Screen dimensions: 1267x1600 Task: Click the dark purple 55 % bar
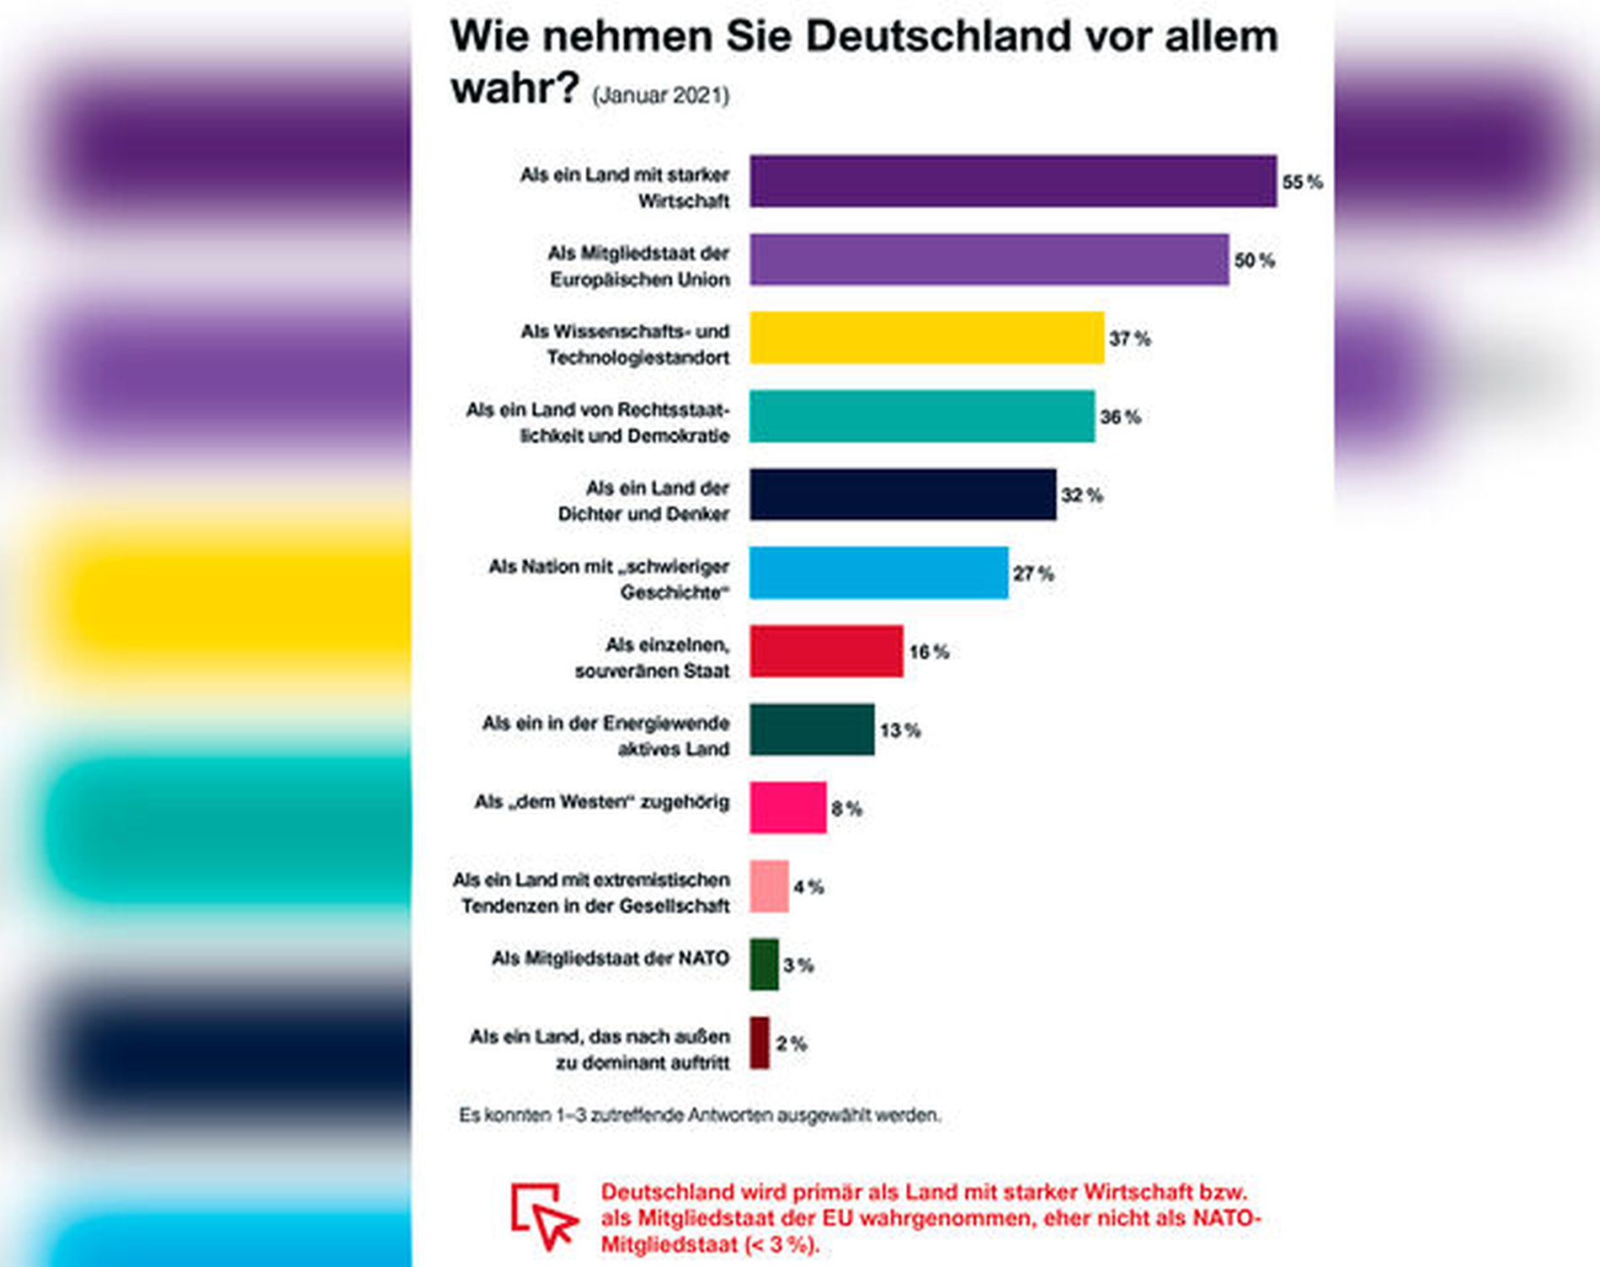click(1013, 181)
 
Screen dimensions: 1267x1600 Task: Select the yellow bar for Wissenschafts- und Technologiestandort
click(926, 338)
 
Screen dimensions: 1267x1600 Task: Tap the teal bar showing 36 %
click(922, 416)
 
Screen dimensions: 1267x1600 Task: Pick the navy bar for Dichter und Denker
click(903, 495)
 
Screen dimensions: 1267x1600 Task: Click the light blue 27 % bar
click(878, 573)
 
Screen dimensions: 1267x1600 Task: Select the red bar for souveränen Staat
click(826, 651)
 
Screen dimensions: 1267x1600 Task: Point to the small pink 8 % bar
click(787, 808)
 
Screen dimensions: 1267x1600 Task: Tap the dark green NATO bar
click(764, 965)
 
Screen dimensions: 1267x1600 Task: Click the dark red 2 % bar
click(760, 1043)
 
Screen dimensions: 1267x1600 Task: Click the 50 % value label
click(1254, 260)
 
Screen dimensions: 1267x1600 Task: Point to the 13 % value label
click(899, 730)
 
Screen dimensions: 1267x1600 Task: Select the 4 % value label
click(808, 887)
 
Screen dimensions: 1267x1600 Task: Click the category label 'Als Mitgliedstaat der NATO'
click(610, 959)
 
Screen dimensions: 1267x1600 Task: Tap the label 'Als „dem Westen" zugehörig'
click(601, 802)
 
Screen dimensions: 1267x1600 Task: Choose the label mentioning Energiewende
click(605, 736)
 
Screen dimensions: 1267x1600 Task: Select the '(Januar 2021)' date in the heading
click(660, 96)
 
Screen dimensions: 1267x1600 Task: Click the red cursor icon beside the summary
click(543, 1216)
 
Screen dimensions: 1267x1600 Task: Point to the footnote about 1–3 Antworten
click(699, 1115)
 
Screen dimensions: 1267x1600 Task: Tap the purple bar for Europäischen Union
click(989, 259)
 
